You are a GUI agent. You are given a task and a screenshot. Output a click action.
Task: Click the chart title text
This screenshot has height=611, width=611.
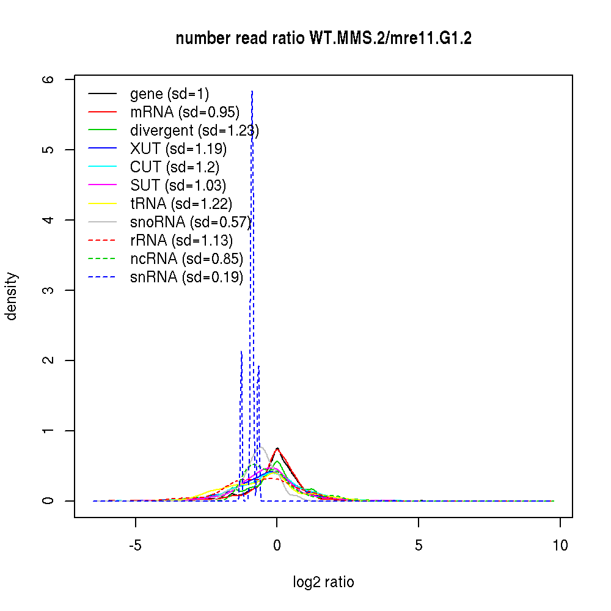(x=323, y=38)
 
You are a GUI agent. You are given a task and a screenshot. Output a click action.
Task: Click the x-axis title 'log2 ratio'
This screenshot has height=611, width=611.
(x=323, y=582)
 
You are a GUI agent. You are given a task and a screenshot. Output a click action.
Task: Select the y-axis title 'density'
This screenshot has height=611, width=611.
(x=12, y=296)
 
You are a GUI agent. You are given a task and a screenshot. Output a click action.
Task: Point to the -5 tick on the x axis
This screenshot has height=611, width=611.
(x=136, y=544)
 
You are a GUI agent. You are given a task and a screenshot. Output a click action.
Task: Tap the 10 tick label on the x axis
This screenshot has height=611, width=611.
(x=560, y=544)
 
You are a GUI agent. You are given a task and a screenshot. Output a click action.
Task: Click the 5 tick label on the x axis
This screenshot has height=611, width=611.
(x=419, y=544)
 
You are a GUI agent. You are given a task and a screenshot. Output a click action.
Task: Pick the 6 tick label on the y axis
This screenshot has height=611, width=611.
(x=49, y=79)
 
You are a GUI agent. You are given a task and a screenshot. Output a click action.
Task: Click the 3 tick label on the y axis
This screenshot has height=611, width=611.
(x=49, y=290)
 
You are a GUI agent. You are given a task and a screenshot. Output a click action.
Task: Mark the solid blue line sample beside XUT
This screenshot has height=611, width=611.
(x=102, y=149)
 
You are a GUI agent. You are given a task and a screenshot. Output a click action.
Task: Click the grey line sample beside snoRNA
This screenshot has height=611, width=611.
(x=102, y=222)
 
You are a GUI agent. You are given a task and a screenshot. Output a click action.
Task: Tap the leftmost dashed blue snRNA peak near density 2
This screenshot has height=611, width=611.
(x=241, y=352)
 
